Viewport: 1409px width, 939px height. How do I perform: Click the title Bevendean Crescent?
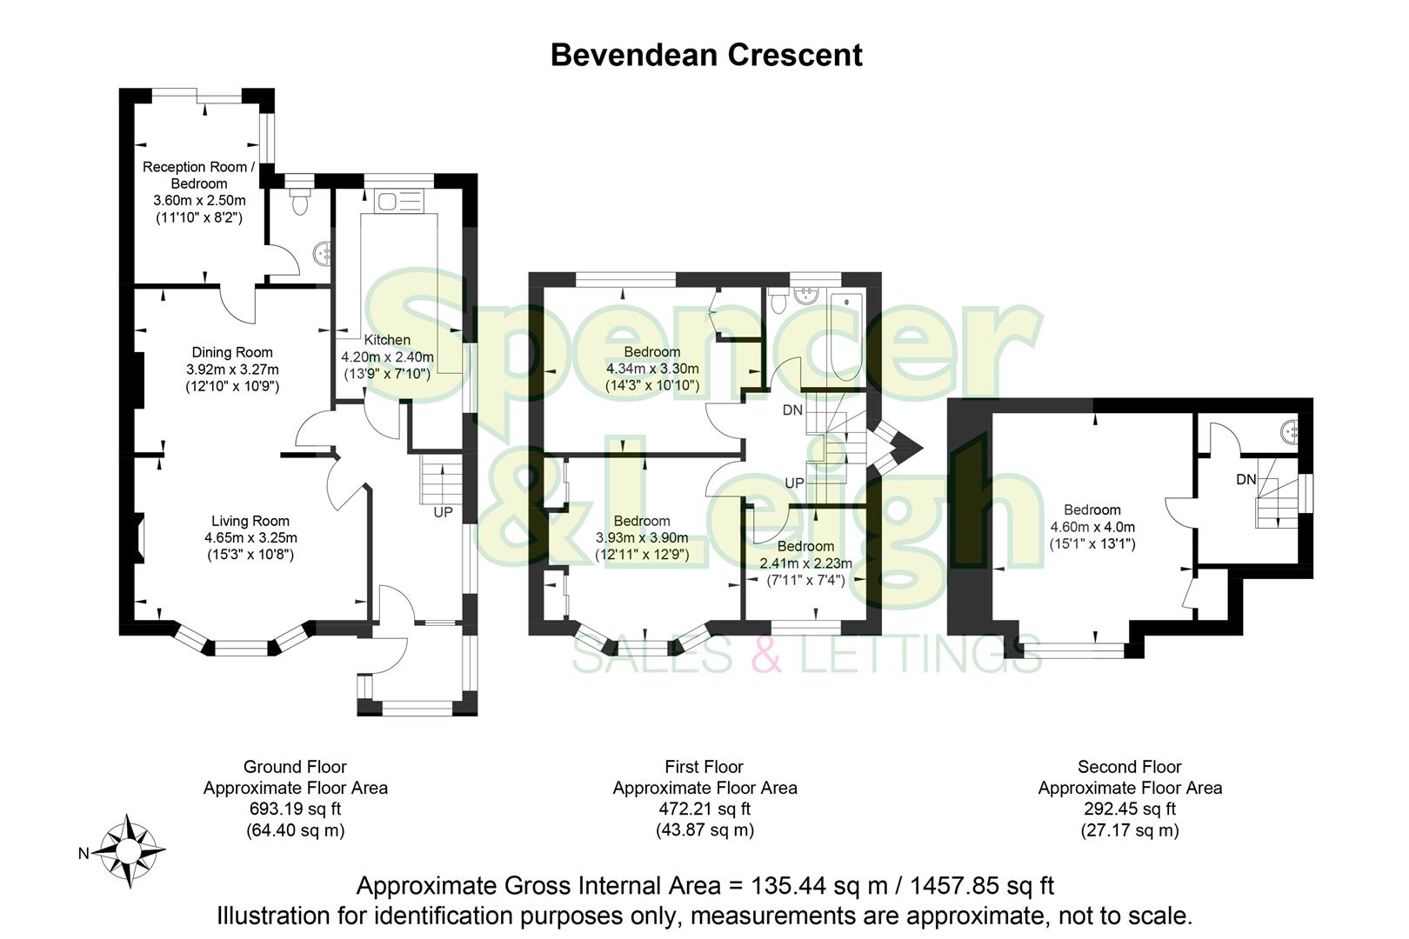click(706, 55)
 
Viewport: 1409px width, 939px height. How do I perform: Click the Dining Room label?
click(232, 352)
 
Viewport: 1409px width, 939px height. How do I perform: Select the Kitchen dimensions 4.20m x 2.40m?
click(387, 356)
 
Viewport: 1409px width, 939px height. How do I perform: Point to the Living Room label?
click(250, 521)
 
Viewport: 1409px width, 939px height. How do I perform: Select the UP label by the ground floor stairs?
click(443, 512)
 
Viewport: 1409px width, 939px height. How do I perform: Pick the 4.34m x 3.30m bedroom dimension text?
click(652, 369)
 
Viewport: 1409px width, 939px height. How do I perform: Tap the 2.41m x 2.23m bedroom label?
click(805, 563)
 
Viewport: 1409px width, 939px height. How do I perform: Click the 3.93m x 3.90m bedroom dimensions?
click(642, 537)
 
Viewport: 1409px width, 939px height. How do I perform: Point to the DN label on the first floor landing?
click(792, 410)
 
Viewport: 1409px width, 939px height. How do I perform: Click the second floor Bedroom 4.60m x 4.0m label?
click(1092, 527)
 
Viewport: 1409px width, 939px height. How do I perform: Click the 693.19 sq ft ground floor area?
click(295, 809)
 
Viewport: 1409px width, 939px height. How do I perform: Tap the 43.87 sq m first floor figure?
click(704, 829)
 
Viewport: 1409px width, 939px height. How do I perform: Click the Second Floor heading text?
click(1129, 767)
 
